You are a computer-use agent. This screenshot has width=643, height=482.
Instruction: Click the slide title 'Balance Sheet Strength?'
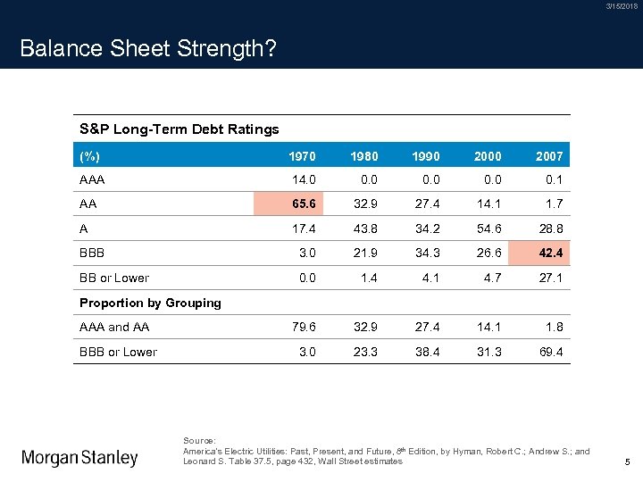147,48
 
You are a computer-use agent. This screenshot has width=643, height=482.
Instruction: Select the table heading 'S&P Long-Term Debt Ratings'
179,129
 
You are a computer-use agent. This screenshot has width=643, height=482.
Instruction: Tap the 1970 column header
302,156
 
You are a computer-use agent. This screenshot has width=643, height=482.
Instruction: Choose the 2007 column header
549,156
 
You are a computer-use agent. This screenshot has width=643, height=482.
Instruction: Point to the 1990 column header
426,156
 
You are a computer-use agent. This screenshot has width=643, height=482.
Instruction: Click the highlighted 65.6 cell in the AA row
302,204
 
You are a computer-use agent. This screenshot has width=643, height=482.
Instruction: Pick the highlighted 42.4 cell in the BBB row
549,253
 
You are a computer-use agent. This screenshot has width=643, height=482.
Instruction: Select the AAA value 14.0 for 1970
302,179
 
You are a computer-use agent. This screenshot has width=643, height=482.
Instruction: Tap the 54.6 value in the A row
488,229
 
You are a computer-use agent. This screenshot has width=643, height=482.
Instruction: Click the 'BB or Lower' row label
114,278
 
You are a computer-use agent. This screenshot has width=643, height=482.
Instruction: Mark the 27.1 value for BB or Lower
549,278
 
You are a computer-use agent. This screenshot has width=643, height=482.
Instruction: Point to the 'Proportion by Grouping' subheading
150,303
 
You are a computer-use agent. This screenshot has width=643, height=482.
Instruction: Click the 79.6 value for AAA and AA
302,327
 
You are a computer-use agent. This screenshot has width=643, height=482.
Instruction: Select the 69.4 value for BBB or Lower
549,352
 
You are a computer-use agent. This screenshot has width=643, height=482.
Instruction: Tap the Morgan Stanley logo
80,458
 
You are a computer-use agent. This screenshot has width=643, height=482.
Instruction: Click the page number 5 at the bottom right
628,462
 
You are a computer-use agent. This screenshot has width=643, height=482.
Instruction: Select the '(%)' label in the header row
89,156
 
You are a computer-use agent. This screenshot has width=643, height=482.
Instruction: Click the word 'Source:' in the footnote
199,441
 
